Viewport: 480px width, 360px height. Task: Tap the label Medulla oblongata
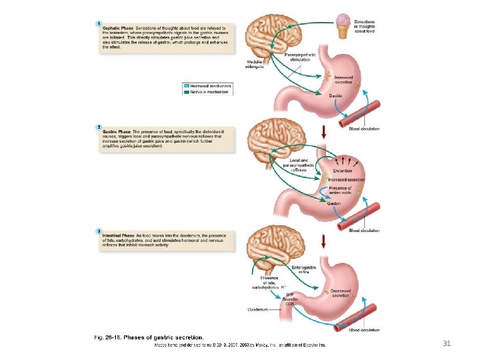pyautogui.click(x=254, y=65)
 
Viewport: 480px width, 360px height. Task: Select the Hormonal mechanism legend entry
pyautogui.click(x=208, y=86)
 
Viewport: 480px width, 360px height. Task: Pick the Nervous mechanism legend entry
pyautogui.click(x=208, y=92)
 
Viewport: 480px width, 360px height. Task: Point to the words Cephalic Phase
pyautogui.click(x=117, y=27)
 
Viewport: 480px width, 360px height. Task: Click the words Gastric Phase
pyautogui.click(x=116, y=131)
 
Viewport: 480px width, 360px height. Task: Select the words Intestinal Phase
pyautogui.click(x=119, y=235)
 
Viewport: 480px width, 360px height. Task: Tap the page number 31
pyautogui.click(x=447, y=343)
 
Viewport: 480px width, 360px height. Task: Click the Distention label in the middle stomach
pyautogui.click(x=343, y=171)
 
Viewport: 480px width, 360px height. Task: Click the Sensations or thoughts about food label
pyautogui.click(x=369, y=26)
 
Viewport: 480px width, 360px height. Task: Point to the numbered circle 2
pyautogui.click(x=99, y=126)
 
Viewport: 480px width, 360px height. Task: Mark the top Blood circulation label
pyautogui.click(x=364, y=129)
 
